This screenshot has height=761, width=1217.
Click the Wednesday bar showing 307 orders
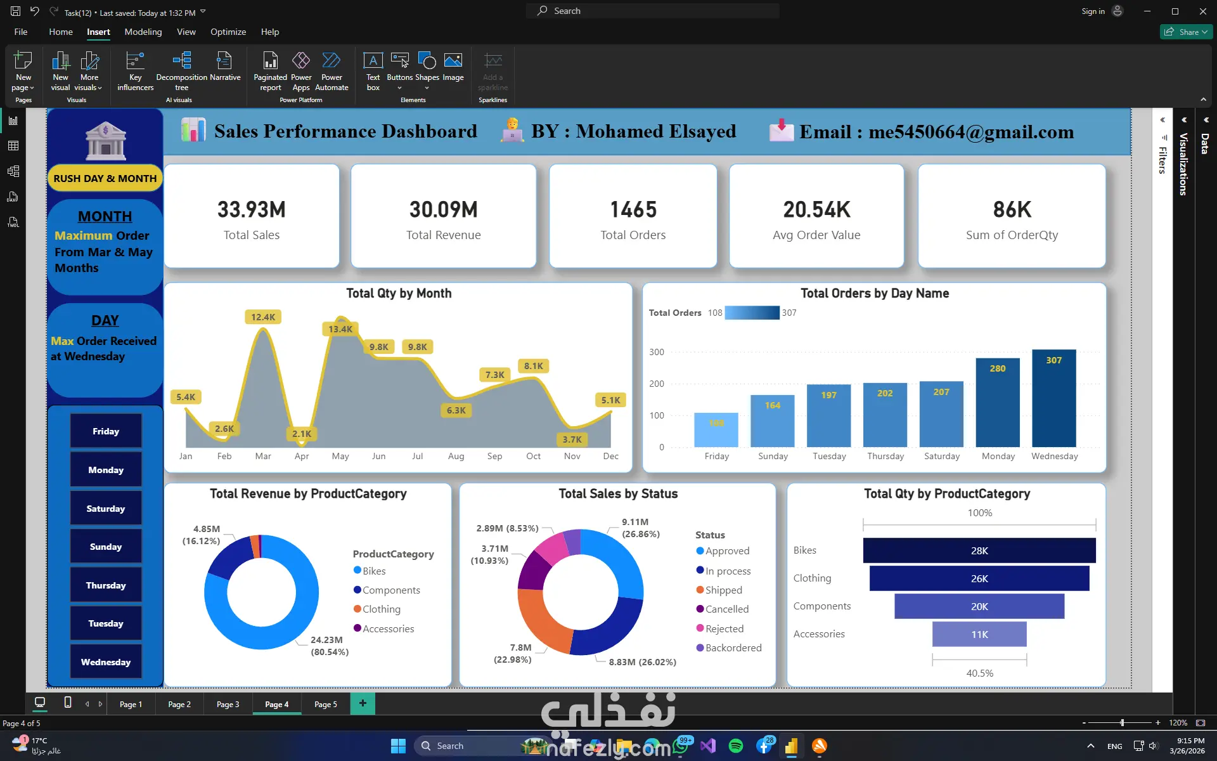click(x=1053, y=398)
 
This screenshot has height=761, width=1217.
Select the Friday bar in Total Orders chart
click(x=716, y=430)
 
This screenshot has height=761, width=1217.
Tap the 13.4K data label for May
click(x=340, y=329)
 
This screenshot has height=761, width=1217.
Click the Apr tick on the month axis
click(x=302, y=456)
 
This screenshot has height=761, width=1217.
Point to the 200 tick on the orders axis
click(x=657, y=384)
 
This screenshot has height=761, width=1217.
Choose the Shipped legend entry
click(x=719, y=590)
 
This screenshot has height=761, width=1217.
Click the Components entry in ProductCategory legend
click(x=387, y=590)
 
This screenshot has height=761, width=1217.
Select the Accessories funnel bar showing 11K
click(x=979, y=634)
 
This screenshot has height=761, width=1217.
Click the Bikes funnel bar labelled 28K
click(x=979, y=550)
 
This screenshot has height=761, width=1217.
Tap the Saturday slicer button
click(x=106, y=509)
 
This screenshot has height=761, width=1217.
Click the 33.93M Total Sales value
click(x=252, y=209)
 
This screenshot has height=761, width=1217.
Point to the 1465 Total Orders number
click(x=633, y=209)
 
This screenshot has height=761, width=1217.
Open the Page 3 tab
click(x=228, y=704)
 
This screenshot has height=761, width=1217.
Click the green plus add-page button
click(x=363, y=703)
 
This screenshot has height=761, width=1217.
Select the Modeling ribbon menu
click(x=143, y=32)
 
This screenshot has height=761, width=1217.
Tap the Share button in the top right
click(x=1186, y=32)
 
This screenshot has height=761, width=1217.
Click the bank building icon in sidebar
click(x=106, y=140)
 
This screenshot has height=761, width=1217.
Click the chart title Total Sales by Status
click(x=618, y=493)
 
